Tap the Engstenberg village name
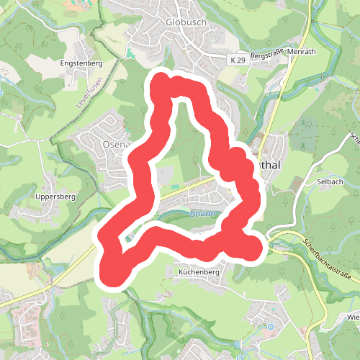click(82, 63)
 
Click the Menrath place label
click(302, 53)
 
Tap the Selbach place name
click(330, 182)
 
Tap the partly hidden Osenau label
click(114, 144)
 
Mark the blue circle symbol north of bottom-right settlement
click(271, 327)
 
